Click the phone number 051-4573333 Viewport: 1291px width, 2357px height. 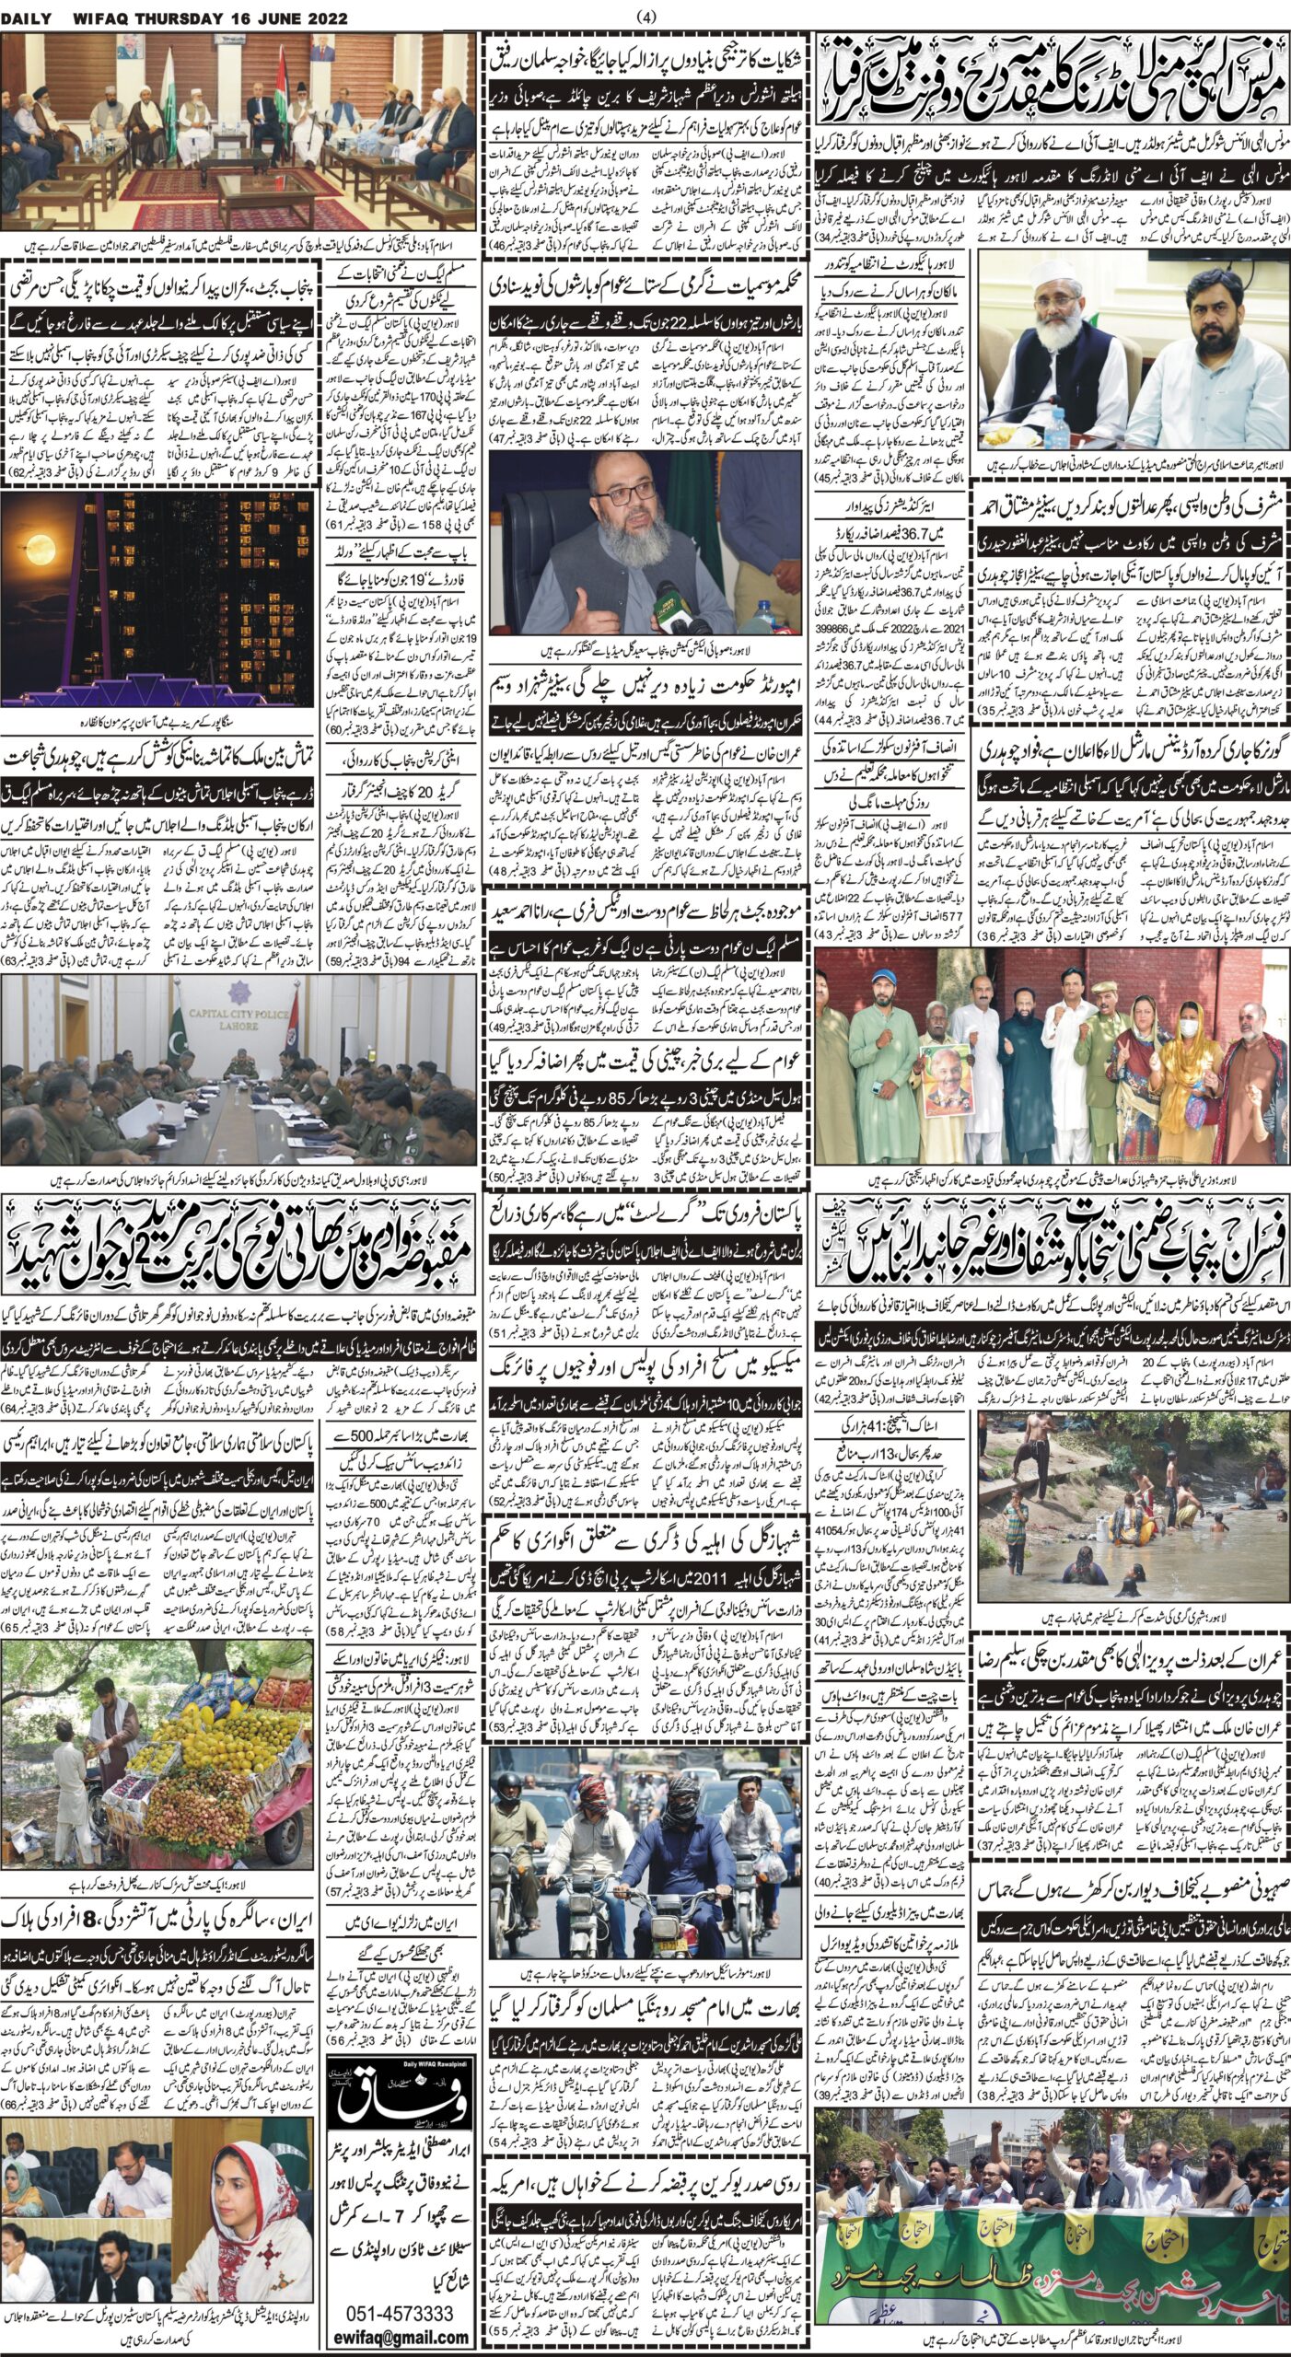click(400, 2306)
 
